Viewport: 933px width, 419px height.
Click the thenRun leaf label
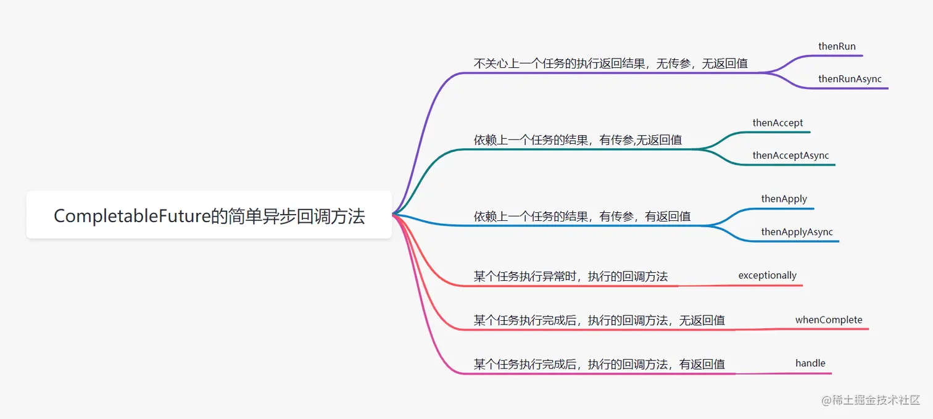(837, 46)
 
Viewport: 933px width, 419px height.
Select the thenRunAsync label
(850, 79)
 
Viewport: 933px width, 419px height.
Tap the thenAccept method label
(777, 123)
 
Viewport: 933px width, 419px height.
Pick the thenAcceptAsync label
(790, 156)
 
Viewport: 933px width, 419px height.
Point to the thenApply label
(784, 199)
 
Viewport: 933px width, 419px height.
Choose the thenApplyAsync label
(797, 232)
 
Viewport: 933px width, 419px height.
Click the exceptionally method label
(767, 275)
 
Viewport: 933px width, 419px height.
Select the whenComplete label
(829, 320)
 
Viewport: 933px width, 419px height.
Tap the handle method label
(810, 363)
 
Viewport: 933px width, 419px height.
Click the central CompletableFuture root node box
(209, 215)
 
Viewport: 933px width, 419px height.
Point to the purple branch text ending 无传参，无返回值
(611, 64)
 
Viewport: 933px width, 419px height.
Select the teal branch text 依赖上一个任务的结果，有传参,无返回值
(578, 140)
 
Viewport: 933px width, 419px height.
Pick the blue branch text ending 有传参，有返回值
(582, 217)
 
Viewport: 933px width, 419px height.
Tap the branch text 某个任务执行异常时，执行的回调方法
(571, 276)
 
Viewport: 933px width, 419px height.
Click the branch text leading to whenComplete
(599, 320)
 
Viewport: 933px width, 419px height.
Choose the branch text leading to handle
(599, 365)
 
